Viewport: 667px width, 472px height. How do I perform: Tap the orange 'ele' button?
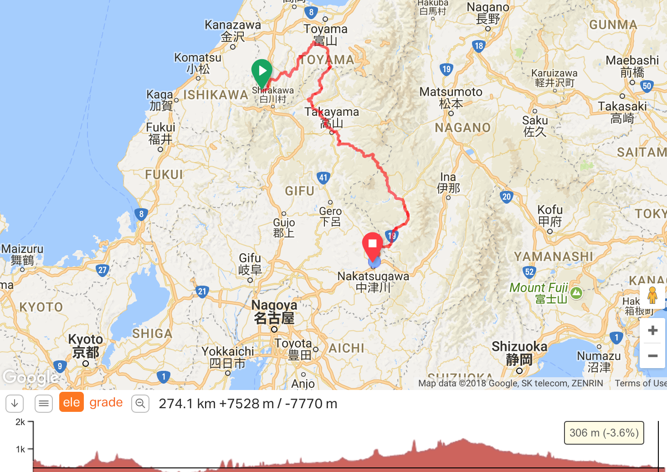(x=72, y=402)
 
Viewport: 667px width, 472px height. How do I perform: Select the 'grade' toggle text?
(x=106, y=402)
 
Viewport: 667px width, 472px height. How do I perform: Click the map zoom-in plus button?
(x=652, y=330)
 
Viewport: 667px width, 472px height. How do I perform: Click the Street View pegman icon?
(x=652, y=296)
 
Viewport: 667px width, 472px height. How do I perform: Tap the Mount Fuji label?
(x=539, y=288)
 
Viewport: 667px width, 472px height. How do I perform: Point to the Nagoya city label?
(x=274, y=305)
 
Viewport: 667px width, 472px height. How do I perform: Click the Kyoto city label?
(x=86, y=339)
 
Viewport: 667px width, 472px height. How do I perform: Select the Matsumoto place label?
(x=451, y=92)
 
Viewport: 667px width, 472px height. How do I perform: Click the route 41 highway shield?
(x=323, y=178)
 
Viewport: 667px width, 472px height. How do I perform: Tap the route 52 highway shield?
(x=529, y=272)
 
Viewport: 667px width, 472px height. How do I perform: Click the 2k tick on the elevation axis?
(x=21, y=422)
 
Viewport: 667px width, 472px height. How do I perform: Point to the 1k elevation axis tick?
(x=21, y=449)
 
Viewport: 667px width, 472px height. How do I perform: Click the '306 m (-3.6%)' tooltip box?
(x=604, y=433)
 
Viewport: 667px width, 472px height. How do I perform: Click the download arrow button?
(x=15, y=403)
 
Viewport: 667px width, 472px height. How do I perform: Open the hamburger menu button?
(x=44, y=403)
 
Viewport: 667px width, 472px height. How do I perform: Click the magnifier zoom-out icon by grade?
(x=140, y=403)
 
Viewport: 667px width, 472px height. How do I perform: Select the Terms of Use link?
(x=640, y=383)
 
